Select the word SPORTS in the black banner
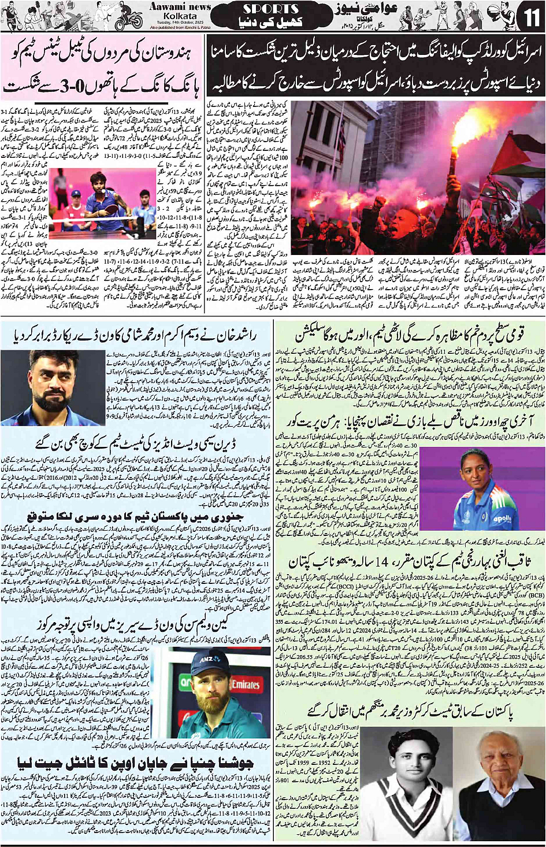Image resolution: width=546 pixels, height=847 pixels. click(x=270, y=9)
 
